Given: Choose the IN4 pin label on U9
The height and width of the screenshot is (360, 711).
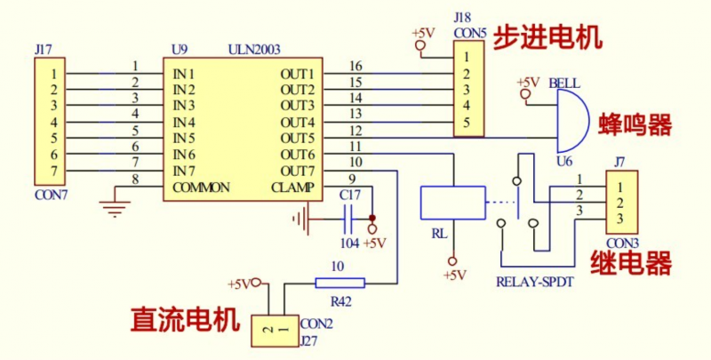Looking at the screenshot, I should pos(184,122).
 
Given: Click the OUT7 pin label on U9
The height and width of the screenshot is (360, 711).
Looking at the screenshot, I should pos(297,171).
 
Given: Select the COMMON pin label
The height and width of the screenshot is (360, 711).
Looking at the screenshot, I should pos(202,188).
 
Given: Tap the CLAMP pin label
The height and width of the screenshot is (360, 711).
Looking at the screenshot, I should pos(292,188).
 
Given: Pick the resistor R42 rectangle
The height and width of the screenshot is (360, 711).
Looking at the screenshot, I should pos(340,284).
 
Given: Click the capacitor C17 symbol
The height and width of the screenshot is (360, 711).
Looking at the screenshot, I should pos(348,217).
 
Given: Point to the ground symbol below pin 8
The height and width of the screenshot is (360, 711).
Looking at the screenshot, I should pos(113,211).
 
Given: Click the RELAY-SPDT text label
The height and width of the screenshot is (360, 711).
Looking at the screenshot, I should pos(532,283).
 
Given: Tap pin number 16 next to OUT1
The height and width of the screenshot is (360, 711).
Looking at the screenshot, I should pos(355,66).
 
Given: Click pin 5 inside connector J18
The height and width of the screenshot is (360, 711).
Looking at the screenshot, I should pos(465,122).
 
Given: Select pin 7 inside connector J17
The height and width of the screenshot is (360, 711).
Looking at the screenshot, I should pos(55,171).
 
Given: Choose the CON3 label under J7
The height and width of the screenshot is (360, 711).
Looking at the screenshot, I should pos(622,240).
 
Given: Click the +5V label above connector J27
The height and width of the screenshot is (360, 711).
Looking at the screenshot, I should pos(239,284).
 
